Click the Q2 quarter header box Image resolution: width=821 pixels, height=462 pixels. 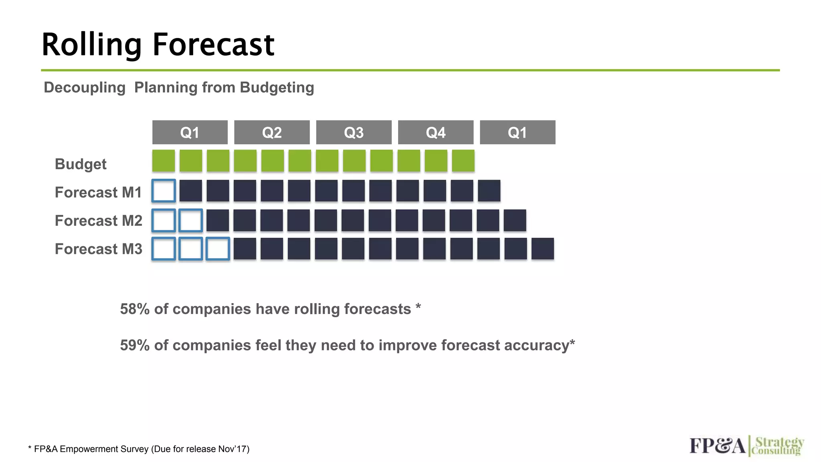coord(272,132)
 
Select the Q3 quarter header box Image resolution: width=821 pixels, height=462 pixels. coord(354,132)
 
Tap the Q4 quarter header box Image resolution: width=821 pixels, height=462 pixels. coord(435,132)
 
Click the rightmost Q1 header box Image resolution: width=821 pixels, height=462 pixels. coord(517,132)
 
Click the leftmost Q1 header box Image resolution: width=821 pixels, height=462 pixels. coord(190,132)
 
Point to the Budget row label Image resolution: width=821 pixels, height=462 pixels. coord(81,164)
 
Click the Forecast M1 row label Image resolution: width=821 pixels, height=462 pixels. coord(98,192)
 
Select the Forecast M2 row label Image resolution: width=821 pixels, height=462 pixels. coord(98,221)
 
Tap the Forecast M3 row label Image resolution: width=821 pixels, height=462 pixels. coord(98,249)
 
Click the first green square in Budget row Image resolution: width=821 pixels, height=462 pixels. coord(164,161)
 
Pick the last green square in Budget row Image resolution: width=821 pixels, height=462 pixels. coord(463,161)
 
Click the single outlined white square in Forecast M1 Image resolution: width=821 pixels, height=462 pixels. coord(164,191)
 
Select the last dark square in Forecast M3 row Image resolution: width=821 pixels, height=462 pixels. coord(542,249)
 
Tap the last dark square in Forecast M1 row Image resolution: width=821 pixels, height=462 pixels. coord(489,191)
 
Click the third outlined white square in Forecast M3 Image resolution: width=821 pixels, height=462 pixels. coord(218,249)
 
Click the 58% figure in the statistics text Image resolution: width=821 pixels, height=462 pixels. coord(135,309)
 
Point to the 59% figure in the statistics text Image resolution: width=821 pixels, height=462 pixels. coord(135,345)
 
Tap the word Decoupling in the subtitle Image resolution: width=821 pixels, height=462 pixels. coord(85,87)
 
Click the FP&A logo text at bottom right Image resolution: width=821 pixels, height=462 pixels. coord(717,446)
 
